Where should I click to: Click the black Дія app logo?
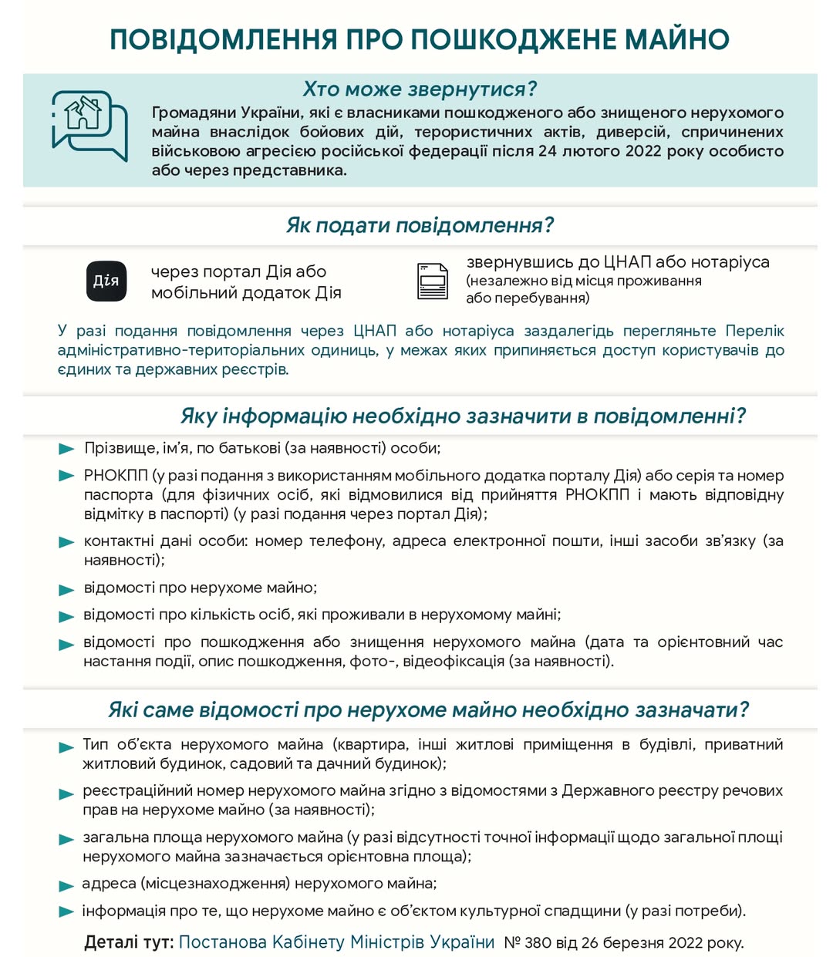[106, 281]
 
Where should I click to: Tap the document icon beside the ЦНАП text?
[432, 281]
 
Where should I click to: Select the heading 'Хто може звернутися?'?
[420, 89]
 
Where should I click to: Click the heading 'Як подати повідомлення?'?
[420, 225]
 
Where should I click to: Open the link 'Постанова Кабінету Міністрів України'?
[336, 942]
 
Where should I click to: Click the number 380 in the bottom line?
[537, 942]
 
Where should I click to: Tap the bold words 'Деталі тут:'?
[129, 942]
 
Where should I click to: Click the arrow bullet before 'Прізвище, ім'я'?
[66, 449]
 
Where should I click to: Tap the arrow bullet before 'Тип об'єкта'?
[66, 746]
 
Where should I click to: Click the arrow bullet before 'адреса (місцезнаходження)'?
[66, 885]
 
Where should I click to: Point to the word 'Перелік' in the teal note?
[754, 331]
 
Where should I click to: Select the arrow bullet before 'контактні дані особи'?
[66, 542]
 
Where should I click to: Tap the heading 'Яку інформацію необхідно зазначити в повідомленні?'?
[463, 416]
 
